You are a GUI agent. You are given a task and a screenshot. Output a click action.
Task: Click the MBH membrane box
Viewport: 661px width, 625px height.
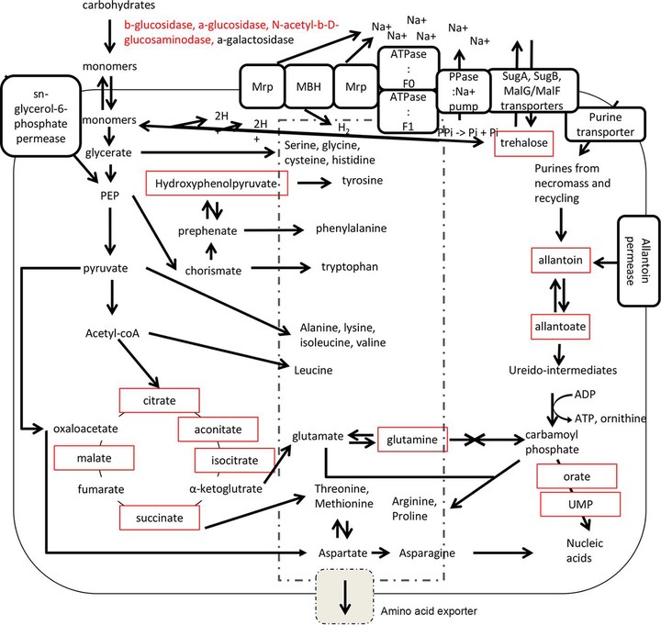(309, 86)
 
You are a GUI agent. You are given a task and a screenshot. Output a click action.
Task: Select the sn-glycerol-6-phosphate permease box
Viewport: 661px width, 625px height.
(41, 117)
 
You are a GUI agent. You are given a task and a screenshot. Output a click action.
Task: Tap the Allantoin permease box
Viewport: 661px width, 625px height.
(638, 261)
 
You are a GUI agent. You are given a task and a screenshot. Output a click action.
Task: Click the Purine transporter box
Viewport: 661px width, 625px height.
(605, 124)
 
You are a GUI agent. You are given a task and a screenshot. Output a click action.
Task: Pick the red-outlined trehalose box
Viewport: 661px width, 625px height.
(523, 143)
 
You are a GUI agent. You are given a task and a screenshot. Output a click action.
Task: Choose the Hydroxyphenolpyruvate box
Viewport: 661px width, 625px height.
(217, 184)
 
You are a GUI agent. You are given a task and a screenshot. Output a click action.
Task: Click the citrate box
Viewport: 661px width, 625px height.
(160, 400)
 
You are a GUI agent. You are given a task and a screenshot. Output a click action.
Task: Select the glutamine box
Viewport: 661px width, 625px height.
(412, 440)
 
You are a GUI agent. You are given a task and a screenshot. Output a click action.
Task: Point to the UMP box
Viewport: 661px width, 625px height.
(580, 504)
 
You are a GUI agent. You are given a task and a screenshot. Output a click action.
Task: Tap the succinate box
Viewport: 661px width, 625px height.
(160, 518)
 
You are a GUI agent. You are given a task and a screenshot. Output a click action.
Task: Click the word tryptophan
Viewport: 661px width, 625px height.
(350, 267)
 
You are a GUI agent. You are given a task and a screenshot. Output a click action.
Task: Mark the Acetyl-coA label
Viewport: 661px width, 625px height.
(112, 333)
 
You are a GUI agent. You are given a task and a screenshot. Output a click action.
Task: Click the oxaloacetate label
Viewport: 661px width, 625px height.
(85, 429)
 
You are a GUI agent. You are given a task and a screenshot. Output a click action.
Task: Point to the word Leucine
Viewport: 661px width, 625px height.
(313, 370)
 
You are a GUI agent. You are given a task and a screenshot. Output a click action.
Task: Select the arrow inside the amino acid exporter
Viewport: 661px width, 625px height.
(345, 597)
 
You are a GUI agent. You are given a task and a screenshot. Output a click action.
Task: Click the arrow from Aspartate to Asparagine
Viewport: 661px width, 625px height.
(381, 552)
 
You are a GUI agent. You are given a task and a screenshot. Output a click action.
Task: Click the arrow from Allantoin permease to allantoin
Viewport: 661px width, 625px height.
(605, 263)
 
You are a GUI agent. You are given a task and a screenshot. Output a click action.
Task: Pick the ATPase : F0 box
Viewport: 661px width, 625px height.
(409, 68)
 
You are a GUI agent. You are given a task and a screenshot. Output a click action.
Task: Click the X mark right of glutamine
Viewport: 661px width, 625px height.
(475, 440)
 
